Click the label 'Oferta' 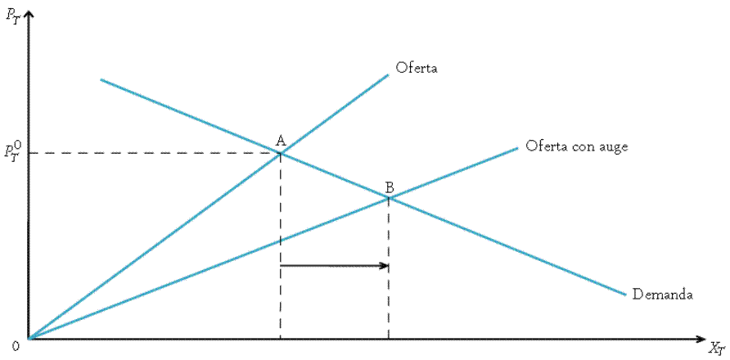[417, 68]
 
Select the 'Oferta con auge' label [577, 146]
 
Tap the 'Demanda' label [663, 295]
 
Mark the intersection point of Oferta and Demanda [281, 153]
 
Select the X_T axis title [717, 347]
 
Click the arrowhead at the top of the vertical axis [29, 11]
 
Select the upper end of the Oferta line [388, 74]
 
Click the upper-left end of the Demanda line [101, 79]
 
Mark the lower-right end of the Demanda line [626, 295]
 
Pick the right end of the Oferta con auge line [518, 147]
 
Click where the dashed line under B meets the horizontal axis [389, 338]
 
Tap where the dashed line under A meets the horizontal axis [281, 338]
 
